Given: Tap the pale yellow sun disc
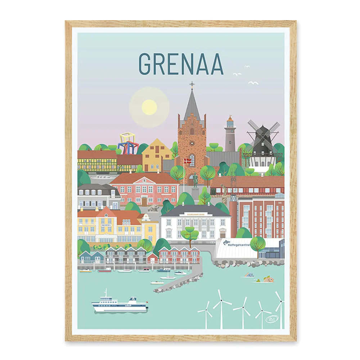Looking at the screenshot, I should [x=149, y=107].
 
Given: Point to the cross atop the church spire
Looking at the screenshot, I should [x=192, y=85].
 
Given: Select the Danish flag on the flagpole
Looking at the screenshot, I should [x=187, y=161].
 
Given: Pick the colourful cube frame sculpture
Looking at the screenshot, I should [x=129, y=144].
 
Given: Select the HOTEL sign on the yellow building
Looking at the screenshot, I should [x=106, y=225].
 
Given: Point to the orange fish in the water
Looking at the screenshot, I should [x=267, y=279].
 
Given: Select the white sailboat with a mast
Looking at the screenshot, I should [x=168, y=277].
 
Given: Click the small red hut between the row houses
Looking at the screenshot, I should [x=152, y=258].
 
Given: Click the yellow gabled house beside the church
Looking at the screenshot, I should [x=156, y=155].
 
